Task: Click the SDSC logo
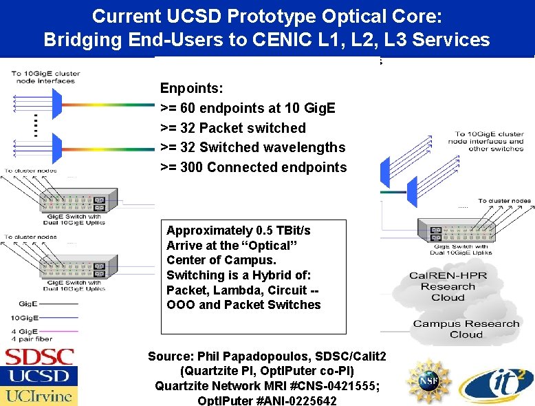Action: click(x=39, y=356)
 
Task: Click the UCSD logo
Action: click(x=39, y=376)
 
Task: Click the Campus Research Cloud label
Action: click(x=466, y=329)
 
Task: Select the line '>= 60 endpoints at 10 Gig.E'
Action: click(x=248, y=108)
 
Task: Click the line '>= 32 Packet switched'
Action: click(x=232, y=128)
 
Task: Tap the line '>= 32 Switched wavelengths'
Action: click(x=252, y=147)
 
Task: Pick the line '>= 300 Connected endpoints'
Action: click(x=253, y=167)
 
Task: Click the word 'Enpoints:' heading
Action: click(x=190, y=88)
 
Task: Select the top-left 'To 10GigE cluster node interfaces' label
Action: click(x=43, y=76)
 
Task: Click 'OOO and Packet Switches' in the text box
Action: click(x=243, y=305)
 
